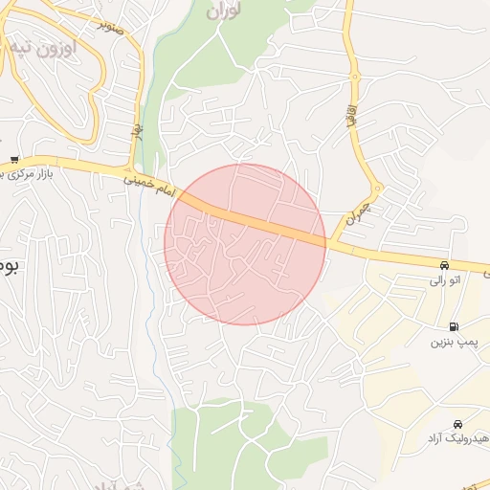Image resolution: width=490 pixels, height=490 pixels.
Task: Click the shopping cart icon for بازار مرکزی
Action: click(13, 159)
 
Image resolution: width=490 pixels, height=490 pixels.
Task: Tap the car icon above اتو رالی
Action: click(444, 264)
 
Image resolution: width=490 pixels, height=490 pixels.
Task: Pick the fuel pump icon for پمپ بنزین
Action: click(453, 325)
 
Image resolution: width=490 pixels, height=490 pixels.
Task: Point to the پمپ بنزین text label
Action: click(453, 342)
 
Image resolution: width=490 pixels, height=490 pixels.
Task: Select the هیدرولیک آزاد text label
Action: click(454, 438)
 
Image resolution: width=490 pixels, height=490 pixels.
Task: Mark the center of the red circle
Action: click(245, 244)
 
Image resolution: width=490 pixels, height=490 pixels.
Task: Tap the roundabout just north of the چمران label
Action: click(378, 189)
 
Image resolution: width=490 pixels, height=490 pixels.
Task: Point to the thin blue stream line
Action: click(153, 287)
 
